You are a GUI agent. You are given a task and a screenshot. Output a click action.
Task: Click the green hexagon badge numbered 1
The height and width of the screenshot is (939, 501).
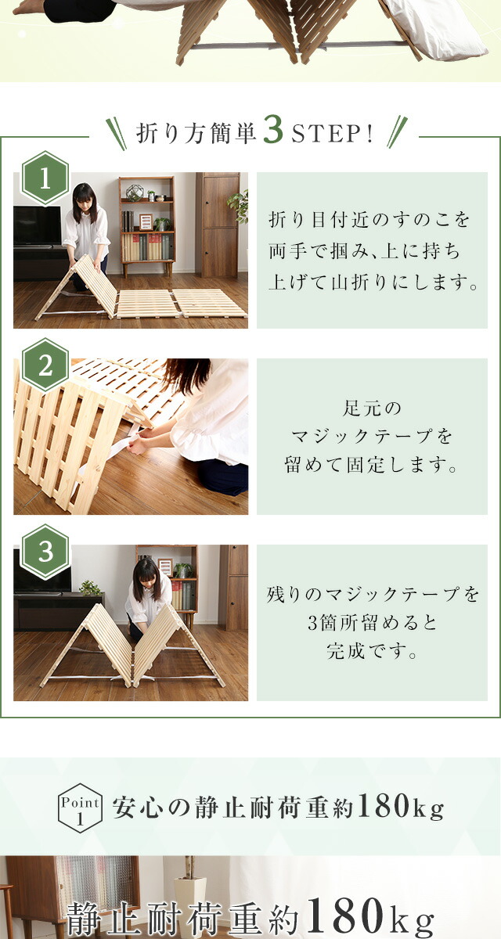click(45, 178)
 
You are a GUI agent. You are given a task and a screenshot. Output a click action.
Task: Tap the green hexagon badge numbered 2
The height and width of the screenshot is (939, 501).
click(45, 365)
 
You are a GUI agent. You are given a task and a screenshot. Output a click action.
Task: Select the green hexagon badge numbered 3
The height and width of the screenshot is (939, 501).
click(45, 552)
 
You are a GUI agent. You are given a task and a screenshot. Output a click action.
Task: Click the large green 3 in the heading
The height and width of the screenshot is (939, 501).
click(273, 131)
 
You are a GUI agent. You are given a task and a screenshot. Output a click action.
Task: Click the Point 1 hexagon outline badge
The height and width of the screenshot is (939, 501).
click(80, 808)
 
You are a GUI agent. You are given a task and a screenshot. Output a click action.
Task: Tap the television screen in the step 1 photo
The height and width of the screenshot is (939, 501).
click(38, 225)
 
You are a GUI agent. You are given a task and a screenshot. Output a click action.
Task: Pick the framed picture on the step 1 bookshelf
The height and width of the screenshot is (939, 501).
click(146, 221)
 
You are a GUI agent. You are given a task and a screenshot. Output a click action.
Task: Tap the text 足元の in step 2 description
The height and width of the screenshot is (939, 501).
click(372, 408)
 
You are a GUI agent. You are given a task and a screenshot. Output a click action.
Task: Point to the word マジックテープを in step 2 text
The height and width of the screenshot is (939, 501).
click(372, 437)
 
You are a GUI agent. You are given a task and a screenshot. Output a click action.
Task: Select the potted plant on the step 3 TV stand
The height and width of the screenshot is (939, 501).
click(90, 588)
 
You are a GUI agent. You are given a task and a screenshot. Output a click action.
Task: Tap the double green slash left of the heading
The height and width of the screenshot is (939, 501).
click(116, 134)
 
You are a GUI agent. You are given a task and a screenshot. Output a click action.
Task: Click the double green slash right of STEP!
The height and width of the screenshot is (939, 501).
click(397, 131)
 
